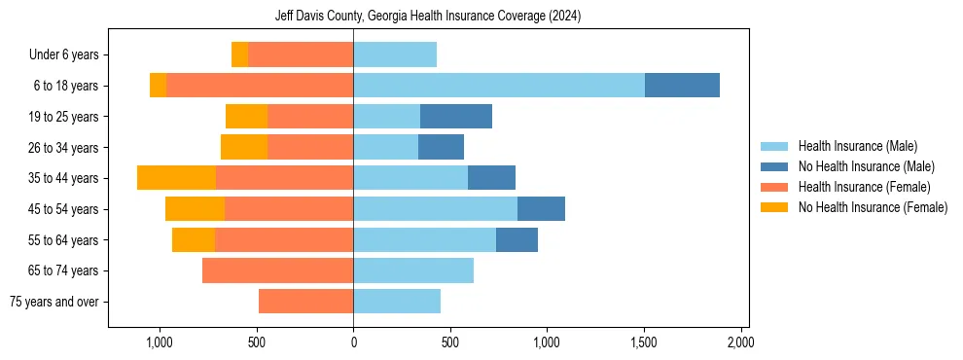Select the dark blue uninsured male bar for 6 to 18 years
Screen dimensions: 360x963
click(682, 86)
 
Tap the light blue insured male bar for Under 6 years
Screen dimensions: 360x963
click(395, 54)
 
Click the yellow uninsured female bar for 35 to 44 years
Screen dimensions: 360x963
click(176, 178)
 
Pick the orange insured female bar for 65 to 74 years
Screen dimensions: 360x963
click(277, 270)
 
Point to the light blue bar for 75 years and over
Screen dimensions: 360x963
click(397, 302)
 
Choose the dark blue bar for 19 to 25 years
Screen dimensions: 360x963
click(456, 117)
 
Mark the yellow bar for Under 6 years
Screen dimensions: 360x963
click(239, 54)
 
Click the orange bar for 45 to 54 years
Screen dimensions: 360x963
click(289, 209)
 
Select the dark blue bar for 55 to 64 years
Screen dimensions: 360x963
click(517, 239)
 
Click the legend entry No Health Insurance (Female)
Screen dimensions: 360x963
click(872, 207)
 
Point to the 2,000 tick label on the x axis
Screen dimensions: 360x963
click(740, 342)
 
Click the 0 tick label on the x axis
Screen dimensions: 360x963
click(353, 342)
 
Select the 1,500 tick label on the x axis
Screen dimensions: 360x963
click(644, 342)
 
